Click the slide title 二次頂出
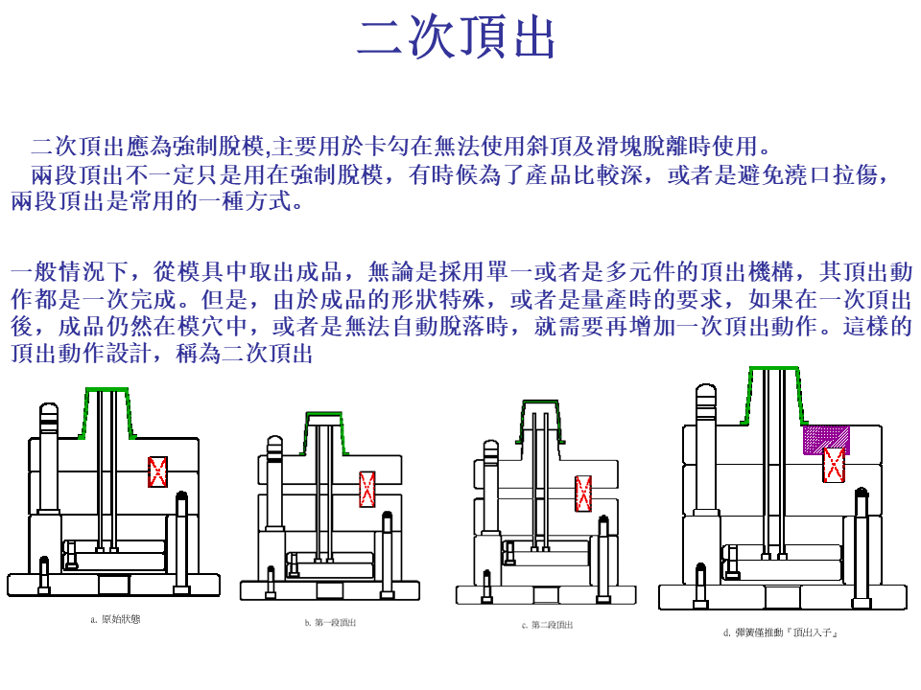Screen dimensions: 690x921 456,37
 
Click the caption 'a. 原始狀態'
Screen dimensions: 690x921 115,620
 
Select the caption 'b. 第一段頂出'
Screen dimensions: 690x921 330,623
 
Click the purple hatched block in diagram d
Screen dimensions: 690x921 826,439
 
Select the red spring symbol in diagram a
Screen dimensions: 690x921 157,471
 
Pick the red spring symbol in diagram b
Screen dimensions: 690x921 367,489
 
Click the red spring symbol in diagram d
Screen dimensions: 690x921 835,466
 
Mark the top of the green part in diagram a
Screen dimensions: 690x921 106,390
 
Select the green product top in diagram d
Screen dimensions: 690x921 772,368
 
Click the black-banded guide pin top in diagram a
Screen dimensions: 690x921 49,414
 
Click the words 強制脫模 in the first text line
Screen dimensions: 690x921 219,147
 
